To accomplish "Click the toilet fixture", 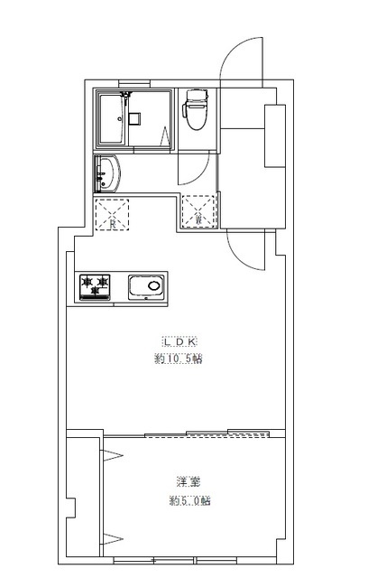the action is pyautogui.click(x=195, y=109).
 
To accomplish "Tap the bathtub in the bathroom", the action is pyautogui.click(x=112, y=119).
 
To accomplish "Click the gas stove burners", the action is pyautogui.click(x=95, y=287).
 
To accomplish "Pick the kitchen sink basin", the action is pyautogui.click(x=146, y=286).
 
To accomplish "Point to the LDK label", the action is pyautogui.click(x=180, y=341).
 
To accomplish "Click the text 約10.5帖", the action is pyautogui.click(x=179, y=359).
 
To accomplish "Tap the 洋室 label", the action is pyautogui.click(x=189, y=481).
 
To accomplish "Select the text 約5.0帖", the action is pyautogui.click(x=190, y=501).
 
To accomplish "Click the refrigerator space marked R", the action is pyautogui.click(x=112, y=215).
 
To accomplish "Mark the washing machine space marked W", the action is pyautogui.click(x=198, y=210).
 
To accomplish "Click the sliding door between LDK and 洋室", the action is pyautogui.click(x=207, y=433).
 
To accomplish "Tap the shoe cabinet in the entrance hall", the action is pyautogui.click(x=275, y=135).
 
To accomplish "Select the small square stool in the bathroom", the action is pyautogui.click(x=134, y=118).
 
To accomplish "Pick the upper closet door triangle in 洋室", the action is pyautogui.click(x=113, y=455).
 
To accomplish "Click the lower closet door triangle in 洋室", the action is pyautogui.click(x=113, y=539).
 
